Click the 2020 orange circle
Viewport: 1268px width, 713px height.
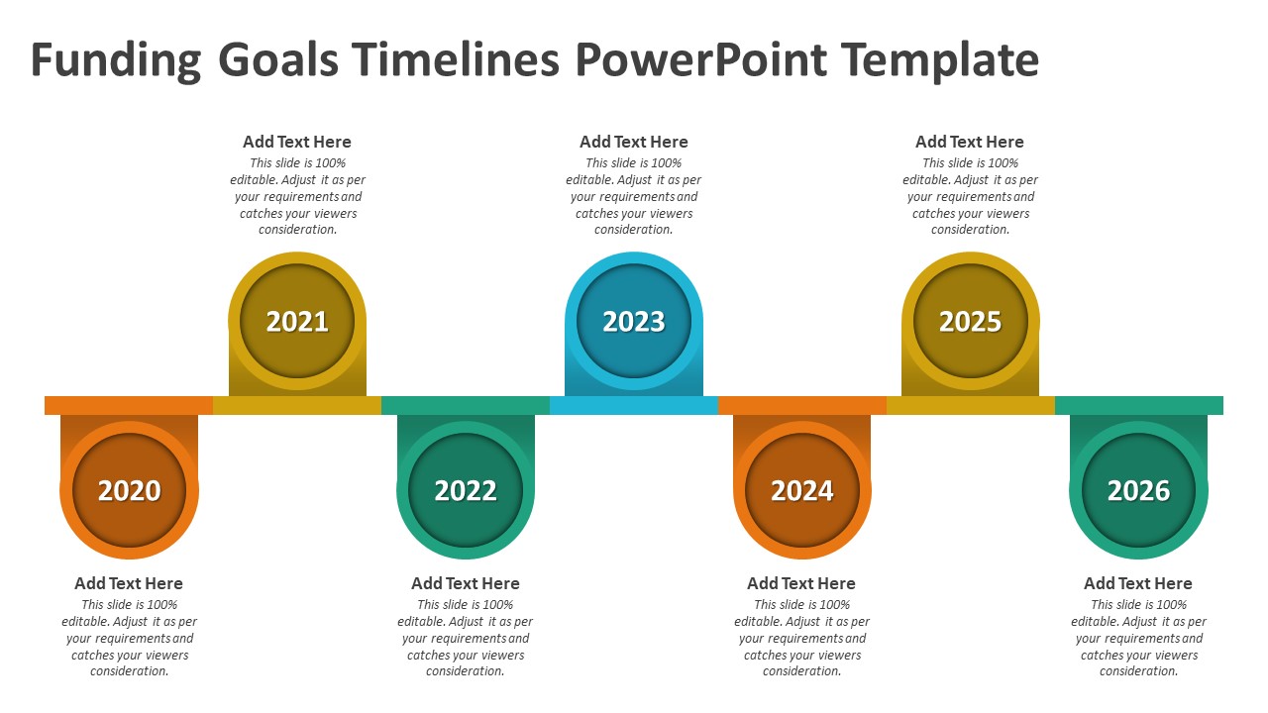coord(129,490)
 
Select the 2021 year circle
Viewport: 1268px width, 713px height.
coord(297,321)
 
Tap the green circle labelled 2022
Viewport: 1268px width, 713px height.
coord(466,490)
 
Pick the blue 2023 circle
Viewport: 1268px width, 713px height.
coord(634,321)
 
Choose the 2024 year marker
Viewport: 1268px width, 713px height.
coord(802,490)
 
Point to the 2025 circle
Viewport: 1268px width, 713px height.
coord(971,321)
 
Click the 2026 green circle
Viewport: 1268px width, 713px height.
coord(1138,490)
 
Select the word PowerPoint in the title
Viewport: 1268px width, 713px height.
coord(700,60)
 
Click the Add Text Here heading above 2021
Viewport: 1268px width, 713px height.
coord(297,142)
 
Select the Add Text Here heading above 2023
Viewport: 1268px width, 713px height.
coord(634,142)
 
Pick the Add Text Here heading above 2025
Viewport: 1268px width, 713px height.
coord(970,142)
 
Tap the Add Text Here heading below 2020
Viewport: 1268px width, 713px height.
coord(129,583)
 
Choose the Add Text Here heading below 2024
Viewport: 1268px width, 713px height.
coord(801,583)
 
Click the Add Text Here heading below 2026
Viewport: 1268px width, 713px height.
coord(1138,583)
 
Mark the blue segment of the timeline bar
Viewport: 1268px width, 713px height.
coord(634,405)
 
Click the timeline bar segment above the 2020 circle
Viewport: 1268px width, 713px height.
coord(129,405)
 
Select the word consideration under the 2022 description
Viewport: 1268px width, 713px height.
coord(466,671)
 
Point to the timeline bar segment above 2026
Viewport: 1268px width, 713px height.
coord(1139,405)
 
